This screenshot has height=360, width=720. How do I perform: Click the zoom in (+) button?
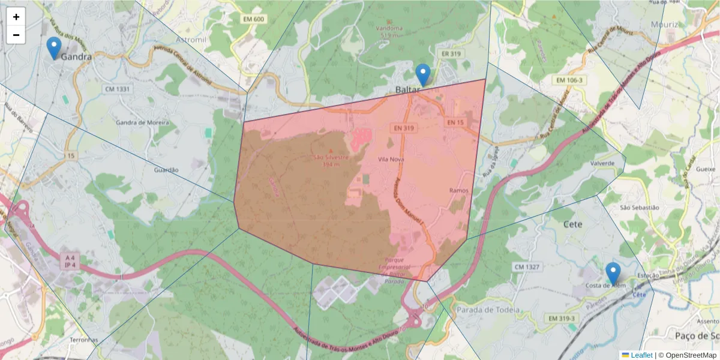[x=16, y=17]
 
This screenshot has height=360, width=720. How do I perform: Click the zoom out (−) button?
[x=16, y=35]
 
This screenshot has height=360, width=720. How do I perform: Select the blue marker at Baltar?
[x=423, y=75]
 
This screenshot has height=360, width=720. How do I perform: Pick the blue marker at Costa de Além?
[x=613, y=273]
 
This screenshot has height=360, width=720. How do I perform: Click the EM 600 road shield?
[x=254, y=19]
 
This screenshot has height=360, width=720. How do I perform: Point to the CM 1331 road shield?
[x=117, y=89]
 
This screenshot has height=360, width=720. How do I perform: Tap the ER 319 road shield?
[x=451, y=53]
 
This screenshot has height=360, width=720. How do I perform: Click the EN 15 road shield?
[x=455, y=122]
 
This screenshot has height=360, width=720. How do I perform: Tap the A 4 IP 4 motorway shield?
[x=68, y=260]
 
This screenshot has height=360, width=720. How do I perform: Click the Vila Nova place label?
[x=391, y=160]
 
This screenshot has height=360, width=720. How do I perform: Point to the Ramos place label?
[x=458, y=190]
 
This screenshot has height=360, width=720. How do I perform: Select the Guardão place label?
[x=167, y=170]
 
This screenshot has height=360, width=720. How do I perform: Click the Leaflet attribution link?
[x=641, y=355]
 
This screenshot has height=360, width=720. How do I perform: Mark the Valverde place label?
[x=602, y=163]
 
